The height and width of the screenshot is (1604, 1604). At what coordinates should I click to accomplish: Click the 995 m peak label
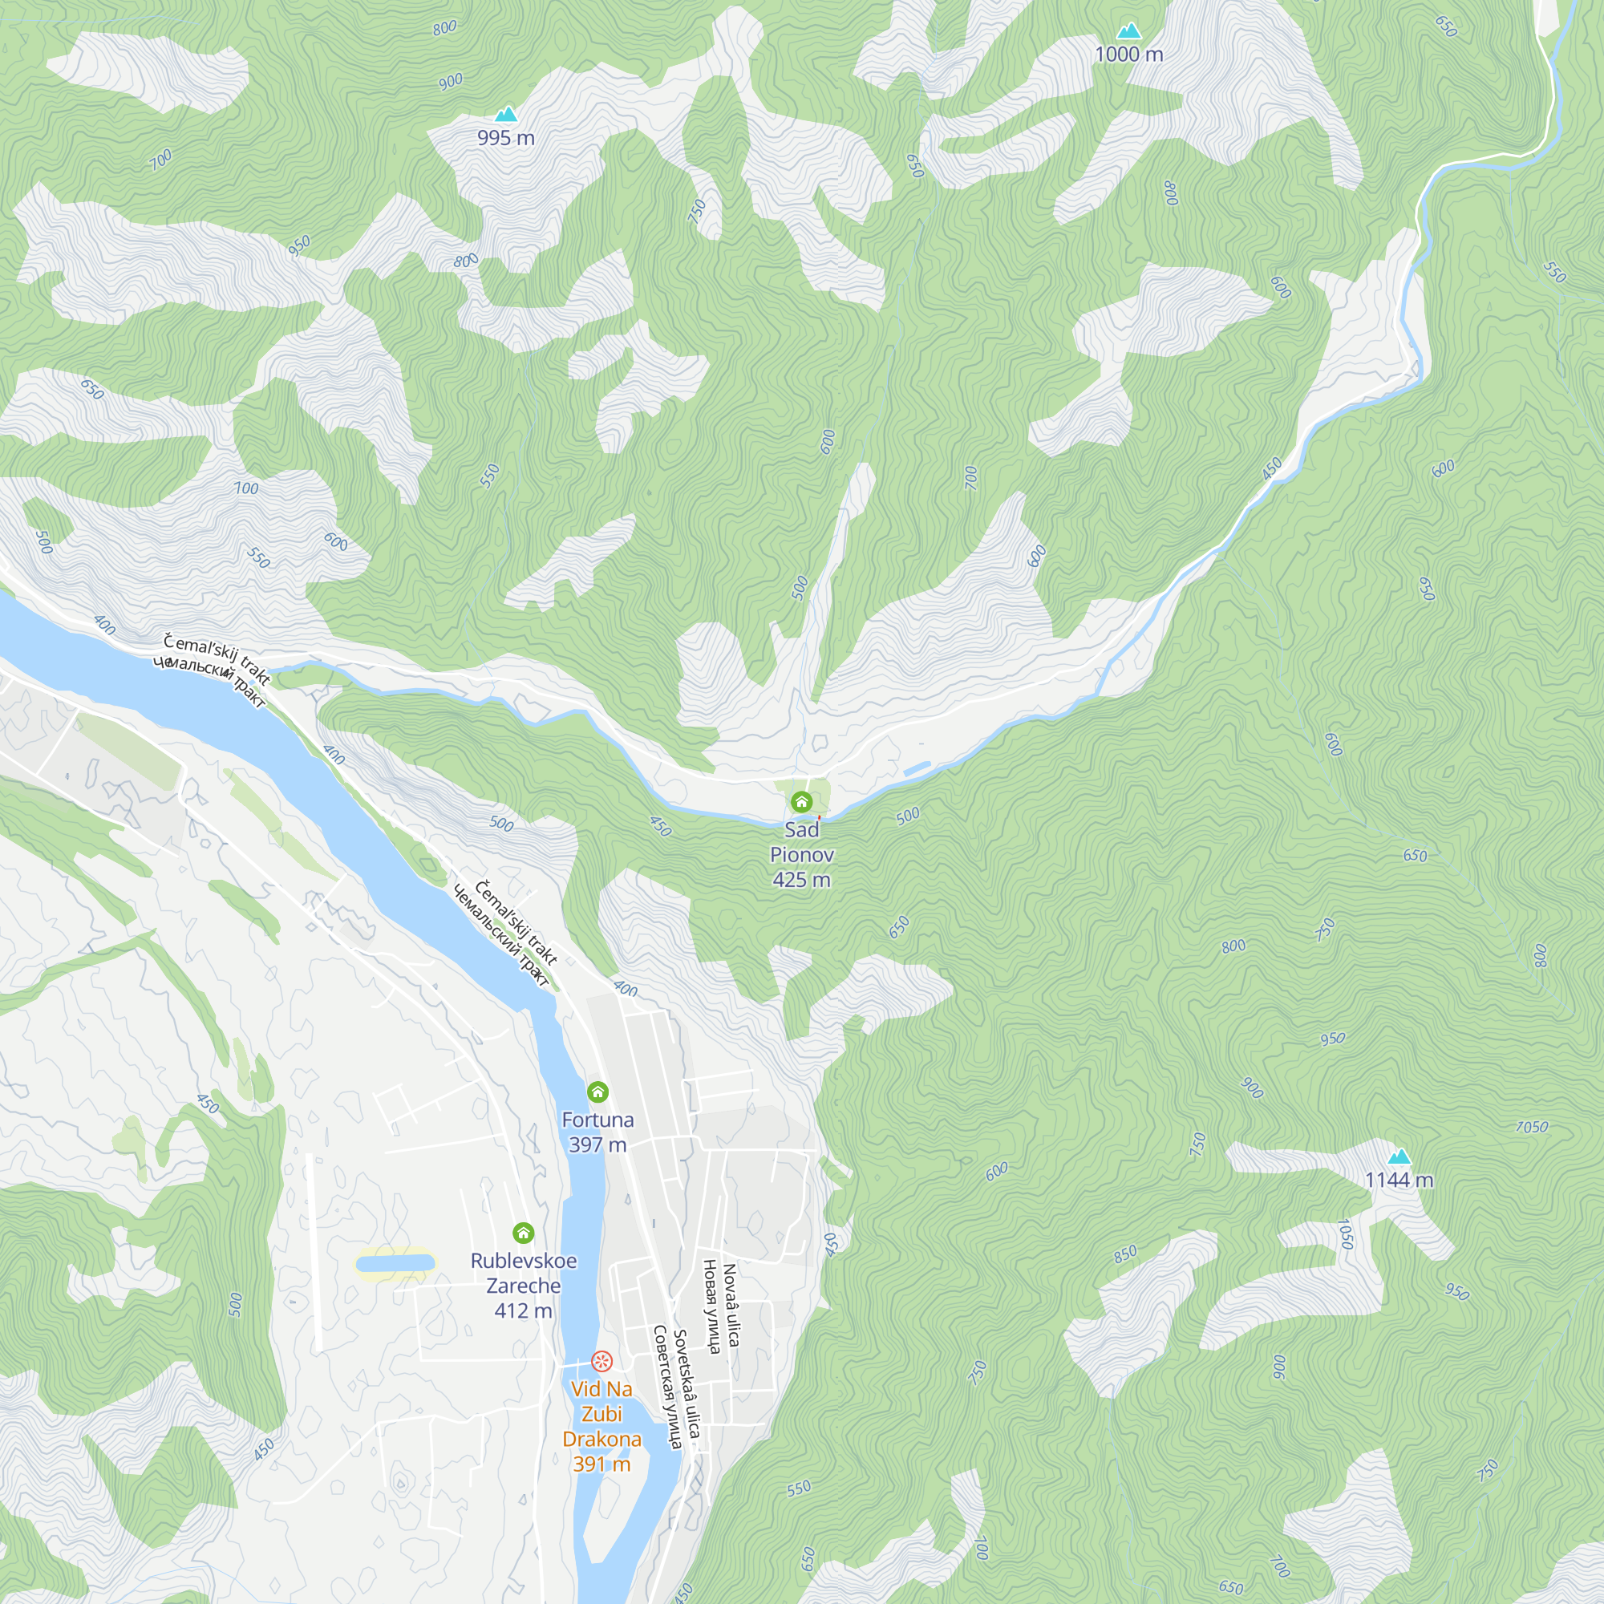(x=505, y=138)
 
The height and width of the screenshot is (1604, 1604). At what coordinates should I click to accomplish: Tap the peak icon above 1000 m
(x=1128, y=31)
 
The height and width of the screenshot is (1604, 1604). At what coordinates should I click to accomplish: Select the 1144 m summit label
(x=1399, y=1180)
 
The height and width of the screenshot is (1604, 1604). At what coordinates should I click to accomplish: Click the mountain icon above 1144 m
(x=1399, y=1156)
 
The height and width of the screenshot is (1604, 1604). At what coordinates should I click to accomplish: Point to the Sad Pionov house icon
(x=801, y=802)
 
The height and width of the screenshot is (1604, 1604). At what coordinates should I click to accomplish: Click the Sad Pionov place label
(x=801, y=842)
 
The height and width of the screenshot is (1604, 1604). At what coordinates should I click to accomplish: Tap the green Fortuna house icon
(x=597, y=1092)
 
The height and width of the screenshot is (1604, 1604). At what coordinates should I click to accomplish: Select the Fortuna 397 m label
(x=597, y=1132)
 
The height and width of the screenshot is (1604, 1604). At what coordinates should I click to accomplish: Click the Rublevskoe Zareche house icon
(x=523, y=1233)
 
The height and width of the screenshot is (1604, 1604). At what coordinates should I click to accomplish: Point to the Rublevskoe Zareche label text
(x=523, y=1273)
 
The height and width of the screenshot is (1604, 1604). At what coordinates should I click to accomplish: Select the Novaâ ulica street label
(x=731, y=1304)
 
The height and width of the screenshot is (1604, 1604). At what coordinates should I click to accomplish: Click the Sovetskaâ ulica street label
(x=687, y=1383)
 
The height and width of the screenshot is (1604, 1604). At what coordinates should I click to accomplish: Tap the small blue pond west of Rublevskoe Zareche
(x=395, y=1265)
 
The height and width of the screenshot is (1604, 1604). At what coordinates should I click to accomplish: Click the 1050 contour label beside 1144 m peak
(x=1347, y=1233)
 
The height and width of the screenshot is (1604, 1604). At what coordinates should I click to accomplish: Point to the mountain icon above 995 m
(x=505, y=115)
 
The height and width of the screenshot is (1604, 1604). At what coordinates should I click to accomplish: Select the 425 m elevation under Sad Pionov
(x=801, y=880)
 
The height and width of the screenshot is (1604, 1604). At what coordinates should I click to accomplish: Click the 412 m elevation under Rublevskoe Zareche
(x=523, y=1311)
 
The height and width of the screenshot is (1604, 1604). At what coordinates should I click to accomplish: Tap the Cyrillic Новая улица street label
(x=711, y=1306)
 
